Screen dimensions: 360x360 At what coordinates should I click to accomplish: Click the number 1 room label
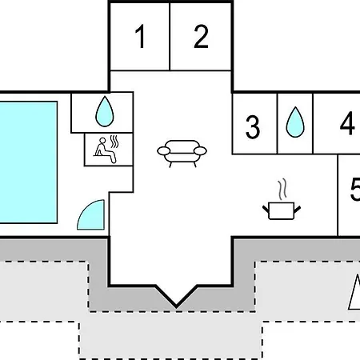tap(140, 36)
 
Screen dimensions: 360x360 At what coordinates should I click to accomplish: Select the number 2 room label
tap(201, 36)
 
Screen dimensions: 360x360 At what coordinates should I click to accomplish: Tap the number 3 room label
tap(252, 127)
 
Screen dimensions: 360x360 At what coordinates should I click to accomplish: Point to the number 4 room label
tap(347, 123)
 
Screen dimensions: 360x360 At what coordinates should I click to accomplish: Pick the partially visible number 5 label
tap(355, 189)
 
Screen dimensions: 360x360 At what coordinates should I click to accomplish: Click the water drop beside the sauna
tap(105, 111)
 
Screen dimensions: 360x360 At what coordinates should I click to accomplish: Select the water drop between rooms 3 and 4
tap(295, 122)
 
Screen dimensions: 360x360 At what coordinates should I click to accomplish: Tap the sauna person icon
tap(105, 150)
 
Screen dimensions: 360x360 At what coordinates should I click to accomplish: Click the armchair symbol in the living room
tap(182, 154)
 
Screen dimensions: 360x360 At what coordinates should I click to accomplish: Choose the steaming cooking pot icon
tap(282, 199)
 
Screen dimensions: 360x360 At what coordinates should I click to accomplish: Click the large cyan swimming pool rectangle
tap(28, 162)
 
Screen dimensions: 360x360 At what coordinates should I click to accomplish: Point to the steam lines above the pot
tap(282, 190)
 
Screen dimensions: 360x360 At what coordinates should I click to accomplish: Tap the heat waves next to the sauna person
tap(114, 142)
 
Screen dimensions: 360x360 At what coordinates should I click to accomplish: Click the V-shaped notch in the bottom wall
tap(176, 297)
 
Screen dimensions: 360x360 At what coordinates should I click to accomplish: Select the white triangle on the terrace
tap(354, 293)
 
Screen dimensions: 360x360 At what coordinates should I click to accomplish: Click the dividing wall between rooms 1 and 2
tap(170, 37)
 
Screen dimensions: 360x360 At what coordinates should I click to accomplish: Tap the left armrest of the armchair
tap(164, 151)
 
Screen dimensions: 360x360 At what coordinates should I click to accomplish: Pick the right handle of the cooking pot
tap(297, 209)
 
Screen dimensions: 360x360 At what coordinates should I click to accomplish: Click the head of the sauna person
tap(102, 141)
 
